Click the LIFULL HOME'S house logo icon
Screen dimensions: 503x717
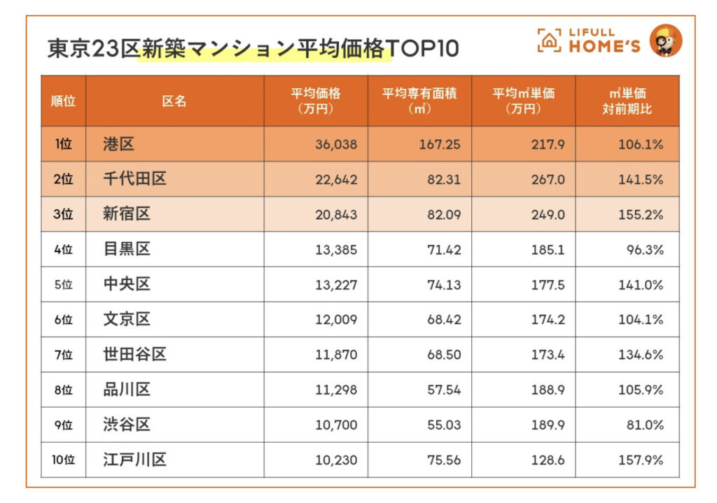(549, 41)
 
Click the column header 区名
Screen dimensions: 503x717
(174, 101)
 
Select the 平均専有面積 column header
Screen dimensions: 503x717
(419, 101)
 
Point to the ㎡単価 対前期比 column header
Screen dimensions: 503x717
(627, 101)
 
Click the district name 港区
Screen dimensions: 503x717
(118, 144)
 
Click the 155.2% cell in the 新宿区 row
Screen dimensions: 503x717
(641, 215)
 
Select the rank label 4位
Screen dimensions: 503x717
(63, 250)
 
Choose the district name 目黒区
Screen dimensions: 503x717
(127, 249)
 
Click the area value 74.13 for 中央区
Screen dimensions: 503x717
(445, 285)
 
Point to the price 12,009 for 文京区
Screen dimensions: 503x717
(336, 320)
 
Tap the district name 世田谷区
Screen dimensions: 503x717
(135, 354)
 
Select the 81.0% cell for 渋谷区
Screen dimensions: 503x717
(645, 425)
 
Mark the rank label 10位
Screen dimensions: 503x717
(63, 460)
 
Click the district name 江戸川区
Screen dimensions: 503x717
(135, 460)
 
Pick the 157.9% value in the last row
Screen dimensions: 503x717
(641, 460)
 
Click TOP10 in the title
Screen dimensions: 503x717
(422, 49)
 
